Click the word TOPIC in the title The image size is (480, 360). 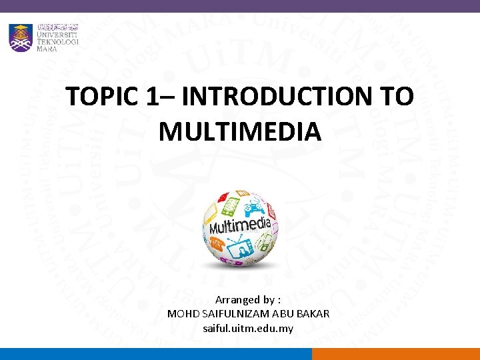(101, 97)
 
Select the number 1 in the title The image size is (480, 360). (151, 97)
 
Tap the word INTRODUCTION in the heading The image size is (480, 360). (275, 97)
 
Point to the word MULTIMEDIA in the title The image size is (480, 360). (240, 131)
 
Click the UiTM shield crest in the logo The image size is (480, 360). (20, 37)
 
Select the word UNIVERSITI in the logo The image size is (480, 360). (57, 33)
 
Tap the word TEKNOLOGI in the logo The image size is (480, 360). (57, 41)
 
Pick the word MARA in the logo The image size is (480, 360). (47, 49)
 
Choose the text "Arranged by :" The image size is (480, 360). (247, 301)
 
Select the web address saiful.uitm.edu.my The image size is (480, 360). (247, 328)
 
